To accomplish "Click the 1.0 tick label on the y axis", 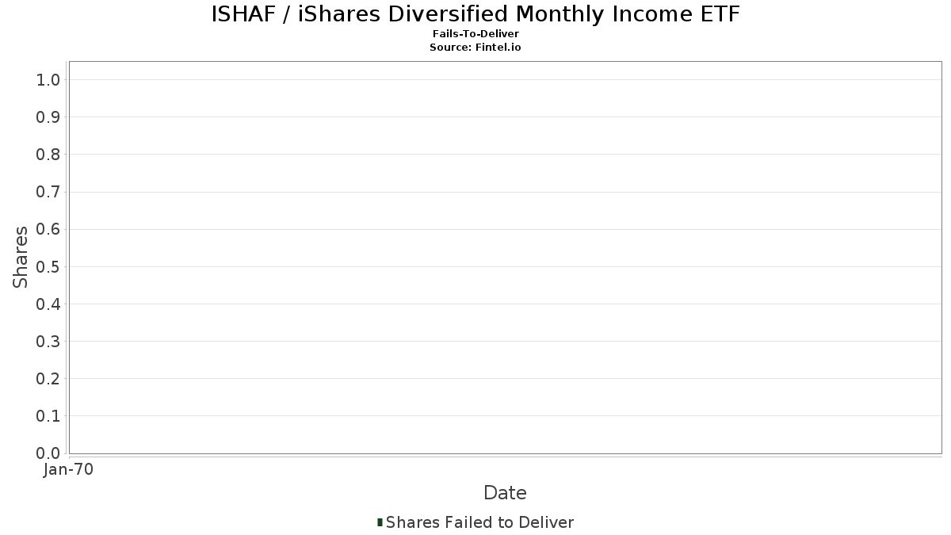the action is [x=48, y=80].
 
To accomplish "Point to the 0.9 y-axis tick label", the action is [x=48, y=117].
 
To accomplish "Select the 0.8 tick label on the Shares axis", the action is [x=48, y=155].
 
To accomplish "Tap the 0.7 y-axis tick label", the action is [x=48, y=192].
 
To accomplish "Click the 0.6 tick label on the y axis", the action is [x=48, y=229].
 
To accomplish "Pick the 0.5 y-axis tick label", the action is [x=48, y=266].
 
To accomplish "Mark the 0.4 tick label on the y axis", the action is [x=48, y=304].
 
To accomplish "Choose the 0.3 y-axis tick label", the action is [x=48, y=342].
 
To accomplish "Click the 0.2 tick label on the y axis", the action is [x=48, y=379].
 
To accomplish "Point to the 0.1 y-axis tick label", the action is [x=48, y=416].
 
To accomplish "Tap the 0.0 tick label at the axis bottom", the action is [x=48, y=453].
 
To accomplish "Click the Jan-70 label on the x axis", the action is [x=68, y=469].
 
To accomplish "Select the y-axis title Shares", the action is [x=20, y=258].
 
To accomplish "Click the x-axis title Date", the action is [x=506, y=493].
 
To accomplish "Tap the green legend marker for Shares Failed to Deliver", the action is [x=380, y=522].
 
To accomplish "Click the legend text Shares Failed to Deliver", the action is [x=479, y=522].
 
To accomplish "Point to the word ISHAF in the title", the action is [x=244, y=14].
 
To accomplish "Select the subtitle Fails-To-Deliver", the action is [x=475, y=33].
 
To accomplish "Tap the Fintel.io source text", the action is [x=498, y=47].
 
